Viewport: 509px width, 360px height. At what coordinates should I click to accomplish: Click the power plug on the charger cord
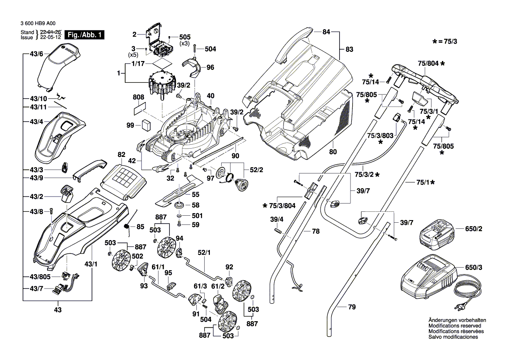point(460,309)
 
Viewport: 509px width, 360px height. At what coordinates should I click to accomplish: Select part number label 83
point(349,50)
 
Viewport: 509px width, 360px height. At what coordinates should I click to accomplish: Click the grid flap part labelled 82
point(124,177)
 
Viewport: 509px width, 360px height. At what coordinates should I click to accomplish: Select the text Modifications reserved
point(455,326)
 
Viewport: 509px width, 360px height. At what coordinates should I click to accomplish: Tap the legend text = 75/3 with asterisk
point(448,41)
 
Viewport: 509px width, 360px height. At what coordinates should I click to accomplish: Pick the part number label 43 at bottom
point(57,310)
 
